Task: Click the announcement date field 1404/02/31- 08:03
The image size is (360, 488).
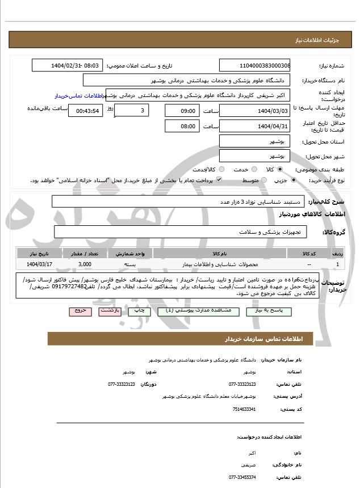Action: [68, 66]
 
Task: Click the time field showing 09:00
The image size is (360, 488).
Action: [182, 111]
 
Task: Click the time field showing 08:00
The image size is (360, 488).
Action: [182, 126]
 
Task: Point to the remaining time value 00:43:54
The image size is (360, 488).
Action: [85, 111]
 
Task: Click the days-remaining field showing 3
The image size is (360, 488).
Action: [132, 111]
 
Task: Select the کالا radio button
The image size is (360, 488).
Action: [280, 169]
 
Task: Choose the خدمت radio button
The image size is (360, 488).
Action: [253, 169]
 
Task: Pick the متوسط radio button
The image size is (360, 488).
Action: [263, 180]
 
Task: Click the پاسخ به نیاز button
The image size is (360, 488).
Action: [274, 312]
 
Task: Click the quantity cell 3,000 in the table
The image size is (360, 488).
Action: [85, 264]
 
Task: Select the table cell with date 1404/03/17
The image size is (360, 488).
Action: [39, 264]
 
